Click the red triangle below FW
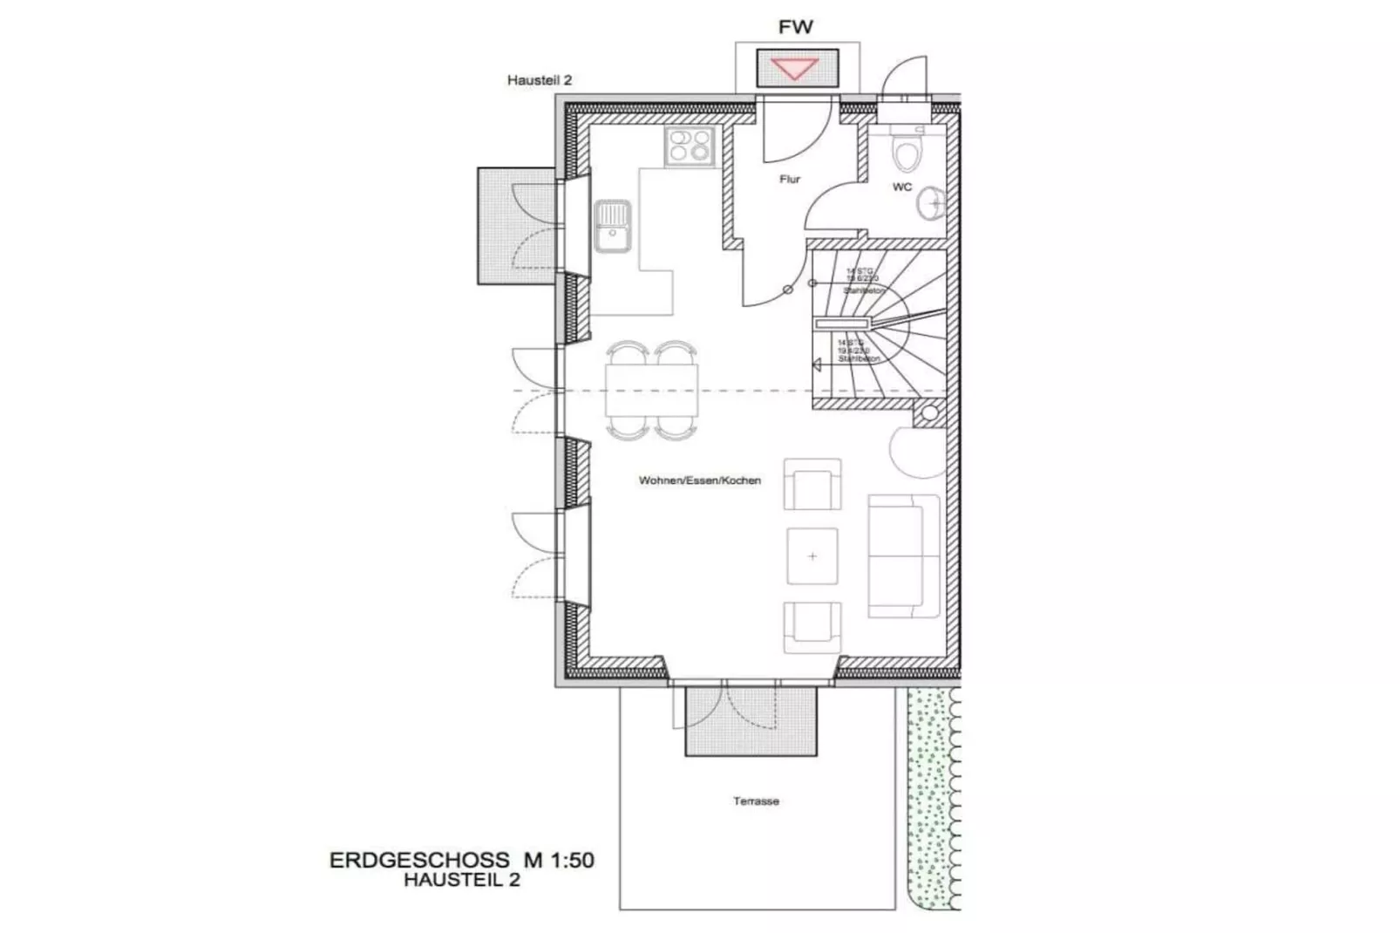click(796, 67)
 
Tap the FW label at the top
click(795, 27)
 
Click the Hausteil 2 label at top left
click(539, 80)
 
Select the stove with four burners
click(690, 146)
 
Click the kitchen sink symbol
click(613, 226)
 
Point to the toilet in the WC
click(907, 153)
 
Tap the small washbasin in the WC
click(930, 202)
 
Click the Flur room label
click(790, 180)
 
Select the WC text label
click(902, 187)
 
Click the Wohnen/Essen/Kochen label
click(699, 480)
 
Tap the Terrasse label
click(756, 801)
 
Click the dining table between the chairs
click(652, 390)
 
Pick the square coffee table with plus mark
click(812, 555)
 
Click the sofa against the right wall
click(903, 555)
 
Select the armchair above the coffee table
click(812, 484)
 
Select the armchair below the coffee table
click(812, 627)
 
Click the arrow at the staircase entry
click(817, 365)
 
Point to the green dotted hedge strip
click(930, 798)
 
